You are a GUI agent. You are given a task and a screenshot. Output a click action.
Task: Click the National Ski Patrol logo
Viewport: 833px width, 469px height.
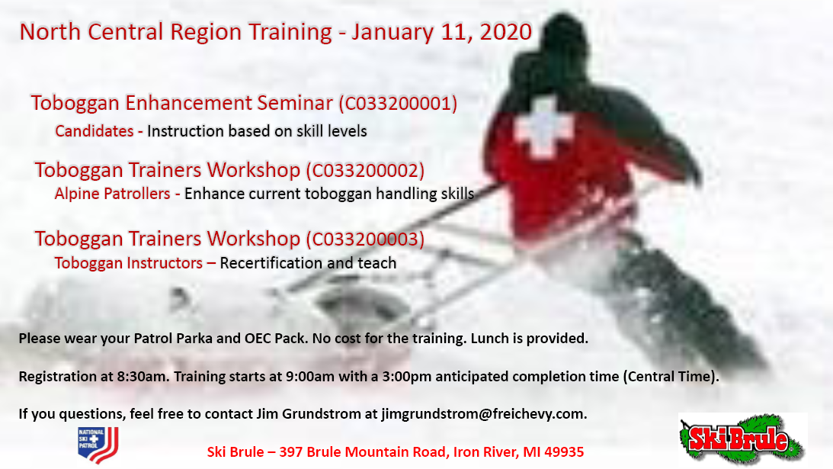98,445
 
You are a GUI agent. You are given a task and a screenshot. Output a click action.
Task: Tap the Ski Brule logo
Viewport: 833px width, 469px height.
742,438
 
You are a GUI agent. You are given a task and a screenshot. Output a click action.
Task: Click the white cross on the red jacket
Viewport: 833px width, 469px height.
543,127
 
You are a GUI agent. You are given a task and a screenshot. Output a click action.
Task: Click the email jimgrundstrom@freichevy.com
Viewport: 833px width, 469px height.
483,413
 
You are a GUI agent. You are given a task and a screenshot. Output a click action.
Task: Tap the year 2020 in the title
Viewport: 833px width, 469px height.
505,32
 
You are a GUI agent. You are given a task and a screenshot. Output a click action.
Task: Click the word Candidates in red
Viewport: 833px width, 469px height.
94,131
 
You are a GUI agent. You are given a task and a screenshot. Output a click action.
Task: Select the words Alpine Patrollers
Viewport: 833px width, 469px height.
112,194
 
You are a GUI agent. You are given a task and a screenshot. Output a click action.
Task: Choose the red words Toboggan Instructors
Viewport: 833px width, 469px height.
128,263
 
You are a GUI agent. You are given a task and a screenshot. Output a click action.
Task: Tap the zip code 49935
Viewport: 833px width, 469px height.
564,452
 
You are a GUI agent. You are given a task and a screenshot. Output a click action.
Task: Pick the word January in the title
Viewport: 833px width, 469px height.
392,33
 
